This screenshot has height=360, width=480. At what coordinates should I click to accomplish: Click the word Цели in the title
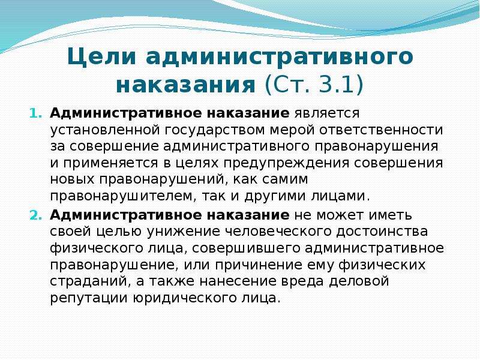101,56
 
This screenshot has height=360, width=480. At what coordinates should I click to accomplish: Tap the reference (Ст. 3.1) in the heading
314,85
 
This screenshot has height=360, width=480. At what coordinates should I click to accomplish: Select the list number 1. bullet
35,113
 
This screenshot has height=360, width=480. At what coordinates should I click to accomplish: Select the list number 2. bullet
35,216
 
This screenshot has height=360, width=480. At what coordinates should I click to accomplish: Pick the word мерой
292,130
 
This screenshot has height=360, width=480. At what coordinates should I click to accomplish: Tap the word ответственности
382,130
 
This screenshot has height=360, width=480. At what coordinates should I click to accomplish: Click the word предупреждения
286,163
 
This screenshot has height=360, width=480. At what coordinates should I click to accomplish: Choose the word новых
72,179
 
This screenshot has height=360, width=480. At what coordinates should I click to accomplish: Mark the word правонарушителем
123,196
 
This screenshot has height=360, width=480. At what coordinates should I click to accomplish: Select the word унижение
184,232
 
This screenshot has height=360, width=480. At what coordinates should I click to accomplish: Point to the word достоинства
382,232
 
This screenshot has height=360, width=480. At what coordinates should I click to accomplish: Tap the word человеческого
278,232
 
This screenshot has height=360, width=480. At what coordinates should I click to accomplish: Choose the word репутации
89,298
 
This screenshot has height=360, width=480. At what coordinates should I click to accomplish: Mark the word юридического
185,298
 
